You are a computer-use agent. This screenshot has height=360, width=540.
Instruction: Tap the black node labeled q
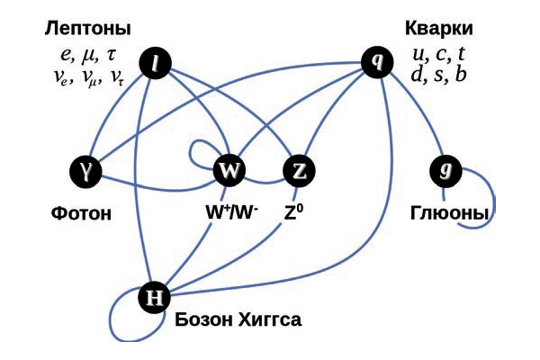click(376, 61)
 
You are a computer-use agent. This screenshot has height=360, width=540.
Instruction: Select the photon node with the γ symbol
click(86, 169)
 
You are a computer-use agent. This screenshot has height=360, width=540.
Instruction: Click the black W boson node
click(229, 170)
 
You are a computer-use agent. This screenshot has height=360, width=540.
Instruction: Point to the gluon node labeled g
click(445, 169)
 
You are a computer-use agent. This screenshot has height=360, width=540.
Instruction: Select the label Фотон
click(81, 214)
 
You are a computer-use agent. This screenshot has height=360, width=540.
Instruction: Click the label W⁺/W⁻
click(232, 214)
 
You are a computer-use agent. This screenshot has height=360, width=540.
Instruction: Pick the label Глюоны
click(450, 214)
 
